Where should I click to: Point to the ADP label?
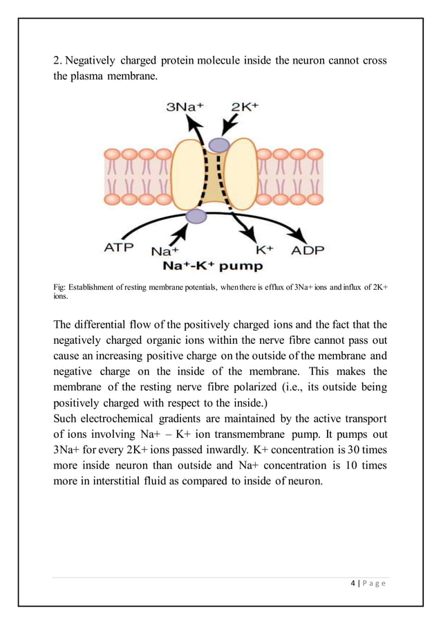point(307,250)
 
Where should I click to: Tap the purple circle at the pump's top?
point(219,145)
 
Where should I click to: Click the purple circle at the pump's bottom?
point(196,217)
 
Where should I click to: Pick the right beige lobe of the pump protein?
point(241,173)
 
